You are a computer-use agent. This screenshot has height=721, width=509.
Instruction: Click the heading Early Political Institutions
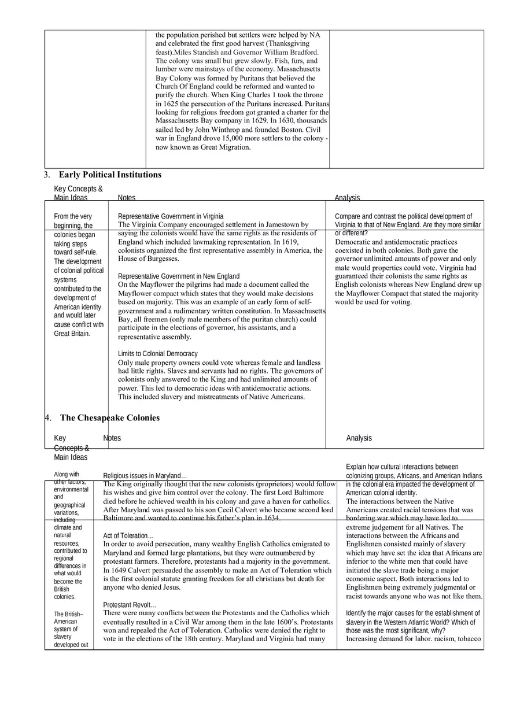[x=110, y=175]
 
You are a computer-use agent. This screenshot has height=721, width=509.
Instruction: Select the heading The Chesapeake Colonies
[x=110, y=417]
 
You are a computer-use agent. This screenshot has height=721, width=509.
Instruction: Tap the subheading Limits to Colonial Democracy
[x=158, y=353]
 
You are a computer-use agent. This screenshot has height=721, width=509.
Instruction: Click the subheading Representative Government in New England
[x=179, y=276]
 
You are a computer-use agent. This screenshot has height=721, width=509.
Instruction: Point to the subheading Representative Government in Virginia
[x=171, y=216]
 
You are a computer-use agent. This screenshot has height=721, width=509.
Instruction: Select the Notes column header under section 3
[x=127, y=198]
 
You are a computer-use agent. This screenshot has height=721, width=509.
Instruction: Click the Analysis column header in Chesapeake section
[x=359, y=438]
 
